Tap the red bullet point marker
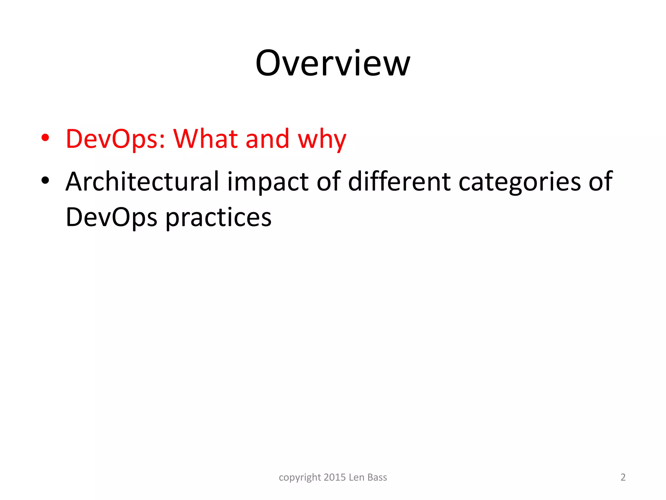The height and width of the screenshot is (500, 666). pyautogui.click(x=45, y=138)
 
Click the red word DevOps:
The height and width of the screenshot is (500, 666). pyautogui.click(x=115, y=139)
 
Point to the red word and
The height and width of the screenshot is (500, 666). pyautogui.click(x=267, y=139)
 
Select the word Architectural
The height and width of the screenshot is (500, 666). pyautogui.click(x=142, y=181)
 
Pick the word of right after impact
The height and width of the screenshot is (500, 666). pyautogui.click(x=328, y=181)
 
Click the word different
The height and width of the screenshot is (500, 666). pyautogui.click(x=399, y=181)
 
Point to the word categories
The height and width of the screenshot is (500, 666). pyautogui.click(x=519, y=182)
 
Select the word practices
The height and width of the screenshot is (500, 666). pyautogui.click(x=219, y=217)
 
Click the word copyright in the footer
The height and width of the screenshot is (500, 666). pyautogui.click(x=300, y=478)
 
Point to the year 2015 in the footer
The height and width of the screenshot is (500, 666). pyautogui.click(x=335, y=477)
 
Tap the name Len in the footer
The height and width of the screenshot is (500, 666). pyautogui.click(x=356, y=477)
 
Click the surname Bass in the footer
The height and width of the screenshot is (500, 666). pyautogui.click(x=377, y=477)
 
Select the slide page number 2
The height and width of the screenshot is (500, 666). pyautogui.click(x=623, y=477)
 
